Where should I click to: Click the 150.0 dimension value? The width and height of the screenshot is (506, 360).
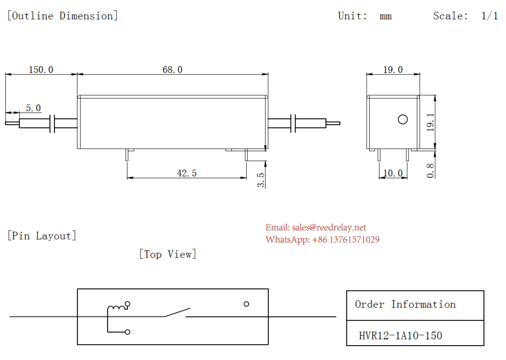(x=41, y=70)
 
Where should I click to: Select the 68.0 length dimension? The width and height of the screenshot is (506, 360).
(x=172, y=70)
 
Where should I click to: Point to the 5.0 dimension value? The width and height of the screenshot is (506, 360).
(x=34, y=108)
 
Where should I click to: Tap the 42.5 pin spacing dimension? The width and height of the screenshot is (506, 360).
(x=187, y=173)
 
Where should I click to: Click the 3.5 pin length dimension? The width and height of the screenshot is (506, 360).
(x=261, y=180)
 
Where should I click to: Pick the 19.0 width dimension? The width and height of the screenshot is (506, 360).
(x=393, y=70)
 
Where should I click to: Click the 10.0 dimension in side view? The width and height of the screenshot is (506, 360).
(x=393, y=173)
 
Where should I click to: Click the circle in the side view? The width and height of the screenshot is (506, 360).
(x=403, y=120)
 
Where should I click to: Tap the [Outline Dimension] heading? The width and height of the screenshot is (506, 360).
(x=62, y=16)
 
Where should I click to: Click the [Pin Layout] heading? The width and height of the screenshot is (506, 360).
(x=42, y=236)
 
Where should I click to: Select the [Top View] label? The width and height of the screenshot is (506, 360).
(x=168, y=254)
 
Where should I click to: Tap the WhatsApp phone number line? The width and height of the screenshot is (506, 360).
(x=322, y=240)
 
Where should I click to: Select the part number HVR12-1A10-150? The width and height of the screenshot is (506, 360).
(x=400, y=336)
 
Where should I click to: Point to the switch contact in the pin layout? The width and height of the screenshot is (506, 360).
(x=177, y=312)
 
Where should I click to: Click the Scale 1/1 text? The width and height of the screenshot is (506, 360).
(x=465, y=16)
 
